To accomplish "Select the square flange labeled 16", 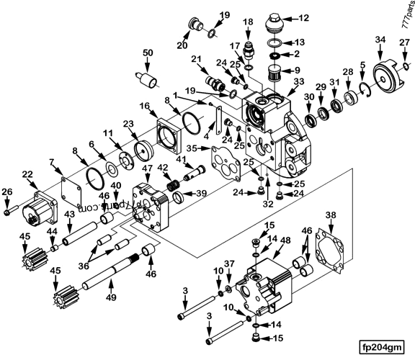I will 170,132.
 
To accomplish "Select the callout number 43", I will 68,215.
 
